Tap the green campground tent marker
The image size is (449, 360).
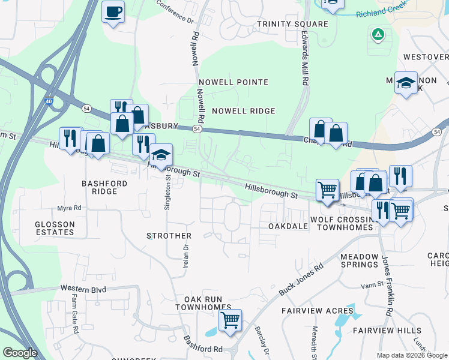pos(378,35)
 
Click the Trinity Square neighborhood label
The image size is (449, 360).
pos(292,24)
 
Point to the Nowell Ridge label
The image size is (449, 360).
pos(243,111)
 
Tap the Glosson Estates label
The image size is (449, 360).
pos(55,228)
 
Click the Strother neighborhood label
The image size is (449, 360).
pos(169,236)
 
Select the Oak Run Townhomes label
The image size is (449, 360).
pos(203,303)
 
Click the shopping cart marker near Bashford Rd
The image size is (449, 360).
pos(230,320)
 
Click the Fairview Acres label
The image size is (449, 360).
pos(318,311)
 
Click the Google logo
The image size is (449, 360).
pos(20,353)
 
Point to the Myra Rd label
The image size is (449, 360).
pos(69,208)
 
